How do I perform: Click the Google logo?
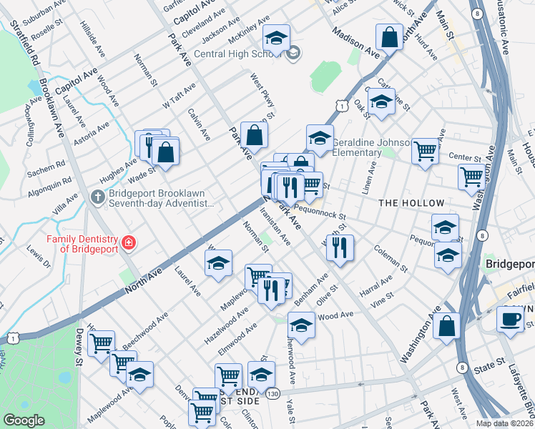coord(24,420)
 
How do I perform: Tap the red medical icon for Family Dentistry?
coord(128,243)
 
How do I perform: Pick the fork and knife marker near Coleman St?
coord(340,247)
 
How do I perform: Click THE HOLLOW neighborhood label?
coord(411,204)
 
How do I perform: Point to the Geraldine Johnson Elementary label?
coord(366,147)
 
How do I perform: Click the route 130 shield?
coord(273,393)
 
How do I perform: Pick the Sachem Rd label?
coord(46,169)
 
